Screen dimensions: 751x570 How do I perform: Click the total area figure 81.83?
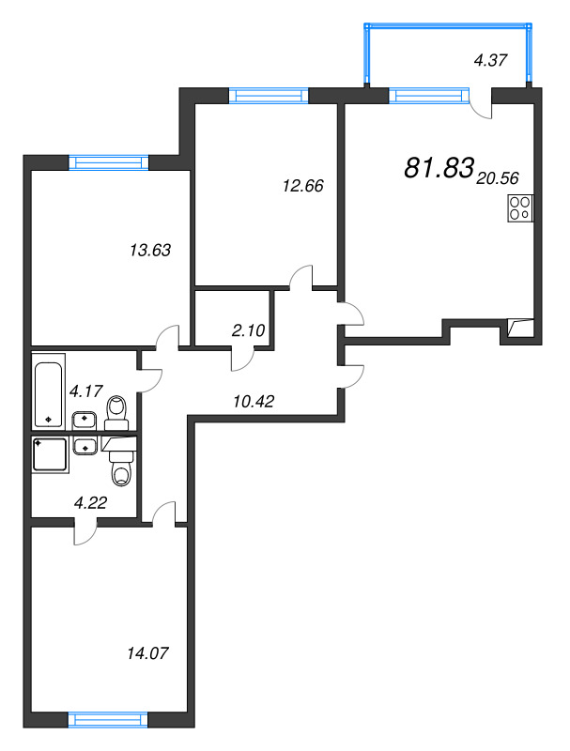point(438,167)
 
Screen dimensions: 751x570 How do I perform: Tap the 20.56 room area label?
point(498,176)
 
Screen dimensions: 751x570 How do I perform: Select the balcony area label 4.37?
point(491,62)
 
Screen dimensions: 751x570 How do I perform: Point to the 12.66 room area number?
point(302,186)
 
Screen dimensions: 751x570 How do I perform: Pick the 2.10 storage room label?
point(250,330)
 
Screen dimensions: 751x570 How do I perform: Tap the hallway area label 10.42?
point(253,401)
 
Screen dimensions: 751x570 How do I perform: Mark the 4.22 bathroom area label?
point(90,501)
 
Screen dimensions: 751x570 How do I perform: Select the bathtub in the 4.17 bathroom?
point(49,391)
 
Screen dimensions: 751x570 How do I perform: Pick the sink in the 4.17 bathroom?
point(85,420)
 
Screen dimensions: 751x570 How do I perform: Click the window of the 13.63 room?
point(111,161)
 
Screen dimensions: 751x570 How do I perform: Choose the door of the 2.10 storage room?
point(245,358)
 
